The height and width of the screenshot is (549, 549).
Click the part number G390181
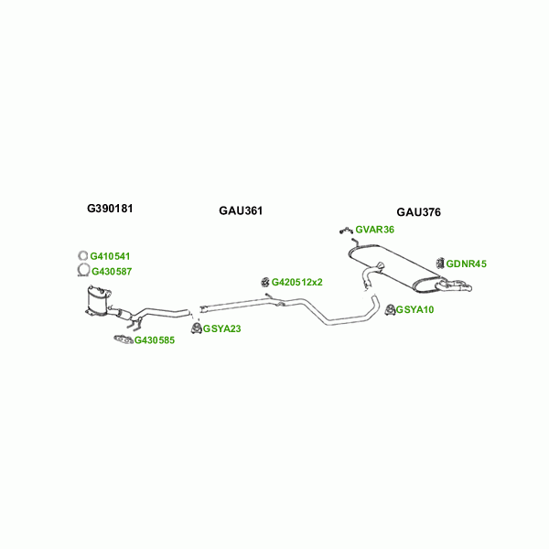click(110, 209)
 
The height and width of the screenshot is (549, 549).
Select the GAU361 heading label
click(241, 211)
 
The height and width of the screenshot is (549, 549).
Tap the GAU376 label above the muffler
click(418, 212)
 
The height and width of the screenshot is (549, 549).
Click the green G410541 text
click(110, 256)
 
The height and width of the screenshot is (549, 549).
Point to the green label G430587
click(111, 271)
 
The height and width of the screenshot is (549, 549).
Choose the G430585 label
click(154, 341)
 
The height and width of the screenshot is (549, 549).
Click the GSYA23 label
click(222, 328)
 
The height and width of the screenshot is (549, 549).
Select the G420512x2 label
click(297, 282)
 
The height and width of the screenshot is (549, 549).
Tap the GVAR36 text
click(375, 230)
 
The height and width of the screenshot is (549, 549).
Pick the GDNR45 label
click(467, 264)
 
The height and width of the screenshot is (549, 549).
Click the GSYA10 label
click(415, 309)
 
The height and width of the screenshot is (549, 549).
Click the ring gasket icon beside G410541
click(81, 256)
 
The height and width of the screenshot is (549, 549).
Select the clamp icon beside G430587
click(81, 271)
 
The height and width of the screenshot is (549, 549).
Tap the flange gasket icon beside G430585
click(122, 341)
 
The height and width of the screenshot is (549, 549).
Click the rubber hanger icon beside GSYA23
click(196, 328)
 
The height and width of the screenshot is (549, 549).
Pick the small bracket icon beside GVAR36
click(345, 229)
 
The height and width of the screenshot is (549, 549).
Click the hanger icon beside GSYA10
click(389, 309)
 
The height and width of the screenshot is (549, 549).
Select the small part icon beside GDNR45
click(440, 264)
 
